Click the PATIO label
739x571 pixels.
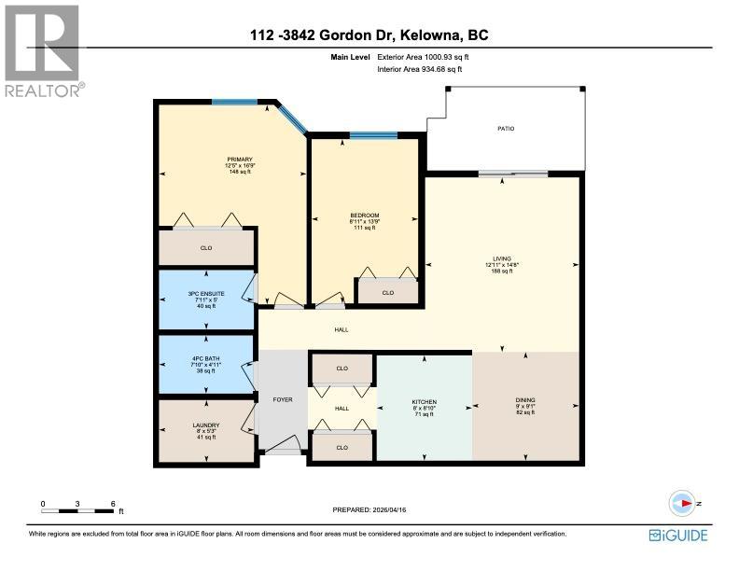pyautogui.click(x=505, y=129)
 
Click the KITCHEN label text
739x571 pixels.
pyautogui.click(x=425, y=402)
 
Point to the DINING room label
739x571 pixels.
pyautogui.click(x=524, y=402)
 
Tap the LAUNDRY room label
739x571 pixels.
pyautogui.click(x=205, y=425)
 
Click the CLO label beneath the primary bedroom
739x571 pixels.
pyautogui.click(x=205, y=249)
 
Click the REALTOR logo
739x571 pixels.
pyautogui.click(x=42, y=51)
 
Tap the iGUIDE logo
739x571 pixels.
pyautogui.click(x=679, y=535)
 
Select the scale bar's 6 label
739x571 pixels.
pyautogui.click(x=113, y=504)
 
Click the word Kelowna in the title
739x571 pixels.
pyautogui.click(x=437, y=36)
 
